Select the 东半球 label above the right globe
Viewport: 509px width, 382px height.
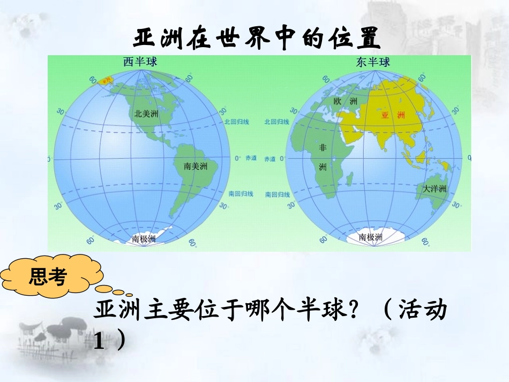[x=373, y=62]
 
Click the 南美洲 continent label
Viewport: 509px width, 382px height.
[x=196, y=166]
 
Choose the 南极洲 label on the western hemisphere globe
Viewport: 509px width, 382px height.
[x=144, y=239]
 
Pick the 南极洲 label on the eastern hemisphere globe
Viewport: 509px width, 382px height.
[x=370, y=237]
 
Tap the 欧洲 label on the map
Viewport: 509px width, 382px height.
[x=345, y=101]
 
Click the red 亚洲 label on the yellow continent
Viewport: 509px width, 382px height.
[x=392, y=115]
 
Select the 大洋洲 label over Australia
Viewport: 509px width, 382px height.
[x=434, y=189]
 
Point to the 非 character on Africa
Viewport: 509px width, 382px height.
[x=323, y=147]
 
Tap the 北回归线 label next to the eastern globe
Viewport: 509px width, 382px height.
[x=277, y=122]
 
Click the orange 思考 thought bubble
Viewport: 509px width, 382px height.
[x=48, y=277]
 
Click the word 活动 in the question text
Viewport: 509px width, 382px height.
[x=423, y=311]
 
